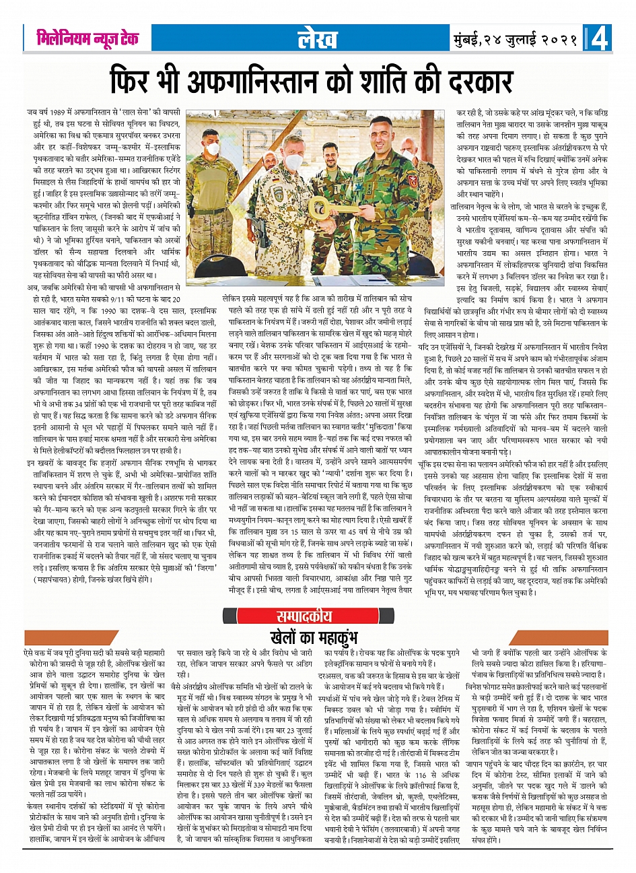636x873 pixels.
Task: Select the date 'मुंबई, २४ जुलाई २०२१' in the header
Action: [x=516, y=39]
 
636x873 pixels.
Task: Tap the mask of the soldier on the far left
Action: [x=213, y=149]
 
